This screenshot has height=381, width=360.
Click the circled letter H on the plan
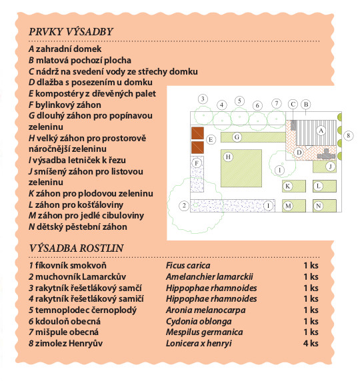click(x=228, y=157)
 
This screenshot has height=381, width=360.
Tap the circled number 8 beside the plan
click(x=348, y=135)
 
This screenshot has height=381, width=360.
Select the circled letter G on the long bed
click(x=237, y=137)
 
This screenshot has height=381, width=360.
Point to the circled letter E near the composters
click(x=211, y=140)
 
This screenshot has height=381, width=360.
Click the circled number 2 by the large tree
click(x=184, y=206)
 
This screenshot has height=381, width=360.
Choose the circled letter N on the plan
click(x=318, y=206)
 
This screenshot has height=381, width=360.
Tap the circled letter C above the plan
click(x=293, y=104)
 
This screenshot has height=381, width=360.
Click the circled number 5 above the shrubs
click(x=239, y=101)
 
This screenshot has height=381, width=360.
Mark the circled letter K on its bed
click(x=287, y=187)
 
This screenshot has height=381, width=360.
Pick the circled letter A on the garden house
click(x=321, y=131)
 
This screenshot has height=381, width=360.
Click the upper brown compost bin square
click(x=197, y=133)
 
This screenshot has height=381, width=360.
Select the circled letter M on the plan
click(x=288, y=206)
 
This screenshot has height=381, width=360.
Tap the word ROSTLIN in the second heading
click(x=101, y=248)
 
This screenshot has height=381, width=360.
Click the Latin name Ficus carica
click(x=188, y=265)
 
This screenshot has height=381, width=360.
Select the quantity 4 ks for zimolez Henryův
click(x=311, y=343)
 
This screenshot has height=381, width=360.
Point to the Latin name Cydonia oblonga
click(x=199, y=322)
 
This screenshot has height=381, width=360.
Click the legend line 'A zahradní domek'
click(x=65, y=49)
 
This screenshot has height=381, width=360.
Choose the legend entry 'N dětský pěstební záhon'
click(x=78, y=226)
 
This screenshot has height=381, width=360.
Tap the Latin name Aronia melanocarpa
click(x=205, y=310)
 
